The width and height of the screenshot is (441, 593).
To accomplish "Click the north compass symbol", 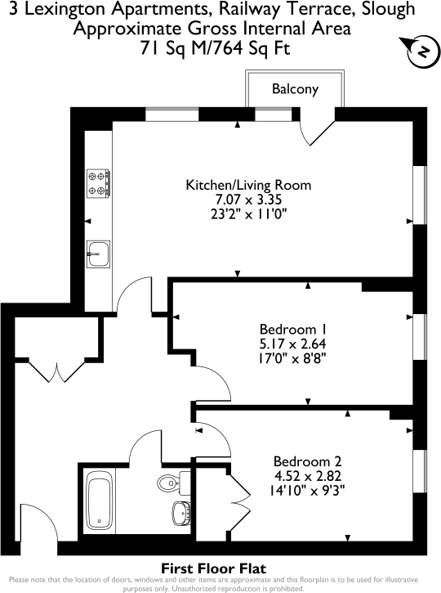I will [421, 51].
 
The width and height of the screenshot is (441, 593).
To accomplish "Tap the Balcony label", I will [295, 89].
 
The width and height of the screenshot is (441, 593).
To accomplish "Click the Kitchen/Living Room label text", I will [248, 185].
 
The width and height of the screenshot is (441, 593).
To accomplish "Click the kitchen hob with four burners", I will [98, 183].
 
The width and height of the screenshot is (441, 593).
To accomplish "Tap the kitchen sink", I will [97, 254].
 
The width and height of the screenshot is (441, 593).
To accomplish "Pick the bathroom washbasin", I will [181, 514].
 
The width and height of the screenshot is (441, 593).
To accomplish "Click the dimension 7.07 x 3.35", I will [248, 200].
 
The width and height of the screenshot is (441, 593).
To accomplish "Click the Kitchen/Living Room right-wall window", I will [421, 195].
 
